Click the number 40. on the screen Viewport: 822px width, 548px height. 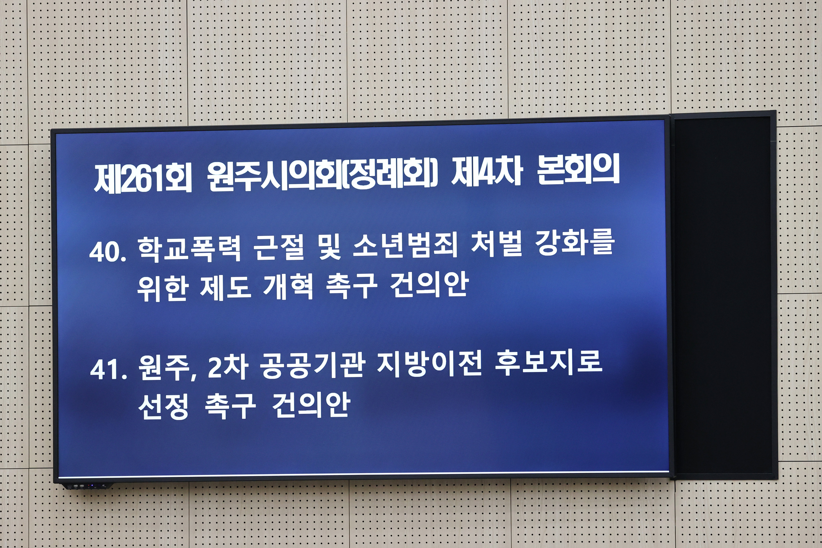[108, 251]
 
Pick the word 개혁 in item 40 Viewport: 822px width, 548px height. [288, 287]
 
